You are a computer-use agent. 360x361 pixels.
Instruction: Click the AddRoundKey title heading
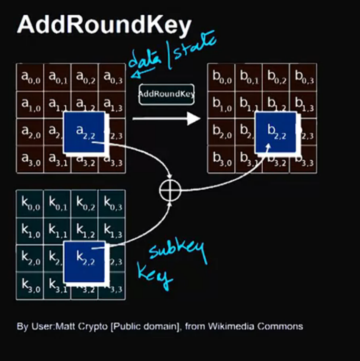click(x=104, y=25)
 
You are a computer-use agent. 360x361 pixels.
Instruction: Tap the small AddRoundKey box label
click(x=166, y=94)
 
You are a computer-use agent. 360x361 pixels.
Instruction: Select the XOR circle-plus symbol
click(x=170, y=190)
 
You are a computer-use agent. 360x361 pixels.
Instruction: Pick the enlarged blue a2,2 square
click(x=84, y=133)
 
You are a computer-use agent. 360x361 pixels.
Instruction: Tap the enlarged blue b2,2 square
click(x=276, y=133)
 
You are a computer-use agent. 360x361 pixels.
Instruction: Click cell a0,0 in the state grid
click(x=30, y=77)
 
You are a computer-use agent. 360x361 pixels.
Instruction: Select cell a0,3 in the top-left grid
click(x=112, y=77)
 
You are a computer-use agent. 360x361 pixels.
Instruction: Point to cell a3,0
click(x=30, y=160)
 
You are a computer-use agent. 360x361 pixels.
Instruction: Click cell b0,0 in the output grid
click(x=222, y=77)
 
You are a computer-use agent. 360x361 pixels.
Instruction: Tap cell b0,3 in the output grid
click(x=304, y=77)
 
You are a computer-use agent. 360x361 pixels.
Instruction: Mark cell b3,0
click(x=222, y=160)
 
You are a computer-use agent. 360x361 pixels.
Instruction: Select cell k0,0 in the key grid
click(x=30, y=203)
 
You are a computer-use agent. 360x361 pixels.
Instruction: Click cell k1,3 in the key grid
click(x=112, y=231)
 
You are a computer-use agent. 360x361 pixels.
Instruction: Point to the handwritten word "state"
click(x=195, y=49)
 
